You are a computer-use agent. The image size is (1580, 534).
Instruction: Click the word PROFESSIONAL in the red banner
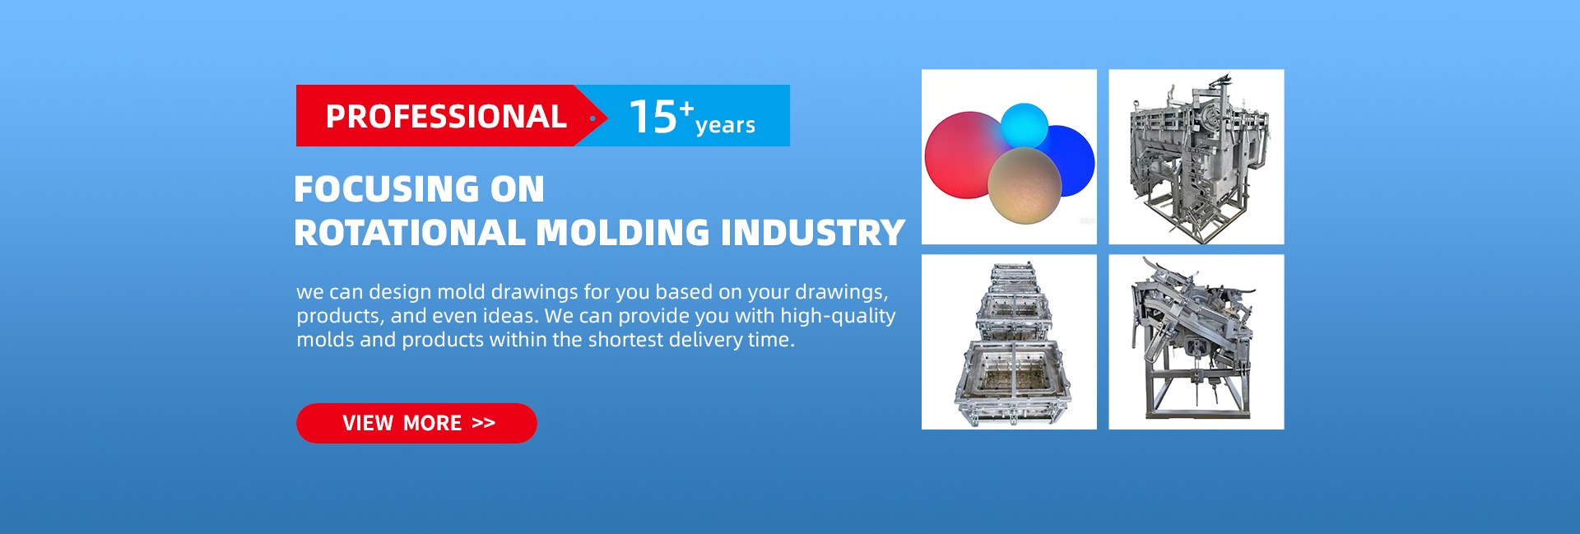pos(446,116)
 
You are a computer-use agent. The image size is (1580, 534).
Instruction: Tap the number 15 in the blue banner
pos(653,116)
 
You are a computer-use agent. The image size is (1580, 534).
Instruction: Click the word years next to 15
pos(725,125)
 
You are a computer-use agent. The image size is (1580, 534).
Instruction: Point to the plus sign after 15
pos(686,108)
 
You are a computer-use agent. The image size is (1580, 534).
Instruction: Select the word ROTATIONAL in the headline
pos(410,233)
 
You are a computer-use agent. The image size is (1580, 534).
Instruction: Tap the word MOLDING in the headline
pos(623,233)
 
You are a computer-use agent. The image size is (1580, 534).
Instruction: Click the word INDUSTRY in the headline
pos(813,233)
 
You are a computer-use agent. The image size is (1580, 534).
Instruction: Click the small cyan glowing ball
pos(1025,125)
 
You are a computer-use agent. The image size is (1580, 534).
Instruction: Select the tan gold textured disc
pos(1025,185)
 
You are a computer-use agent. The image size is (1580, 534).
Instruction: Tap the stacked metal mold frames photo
pos(1009,341)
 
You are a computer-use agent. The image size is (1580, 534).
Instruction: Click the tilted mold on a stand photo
pos(1197,341)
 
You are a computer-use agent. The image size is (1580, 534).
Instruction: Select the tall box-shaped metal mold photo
pos(1197,156)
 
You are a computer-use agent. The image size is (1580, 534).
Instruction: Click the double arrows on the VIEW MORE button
pos(484,423)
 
